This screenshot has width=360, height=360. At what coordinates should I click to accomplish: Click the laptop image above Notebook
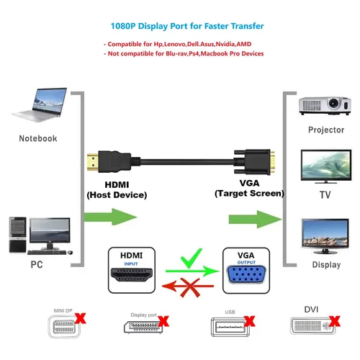pyautogui.click(x=39, y=105)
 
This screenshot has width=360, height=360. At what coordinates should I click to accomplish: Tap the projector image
pyautogui.click(x=325, y=106)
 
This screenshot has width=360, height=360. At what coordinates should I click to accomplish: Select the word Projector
pyautogui.click(x=326, y=130)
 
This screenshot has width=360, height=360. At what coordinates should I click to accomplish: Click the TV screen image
pyautogui.click(x=326, y=166)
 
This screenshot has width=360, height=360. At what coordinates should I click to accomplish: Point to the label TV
pyautogui.click(x=325, y=195)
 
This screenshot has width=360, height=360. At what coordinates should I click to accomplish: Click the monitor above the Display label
pyautogui.click(x=325, y=236)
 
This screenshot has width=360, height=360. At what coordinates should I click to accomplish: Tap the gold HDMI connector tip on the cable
pyautogui.click(x=93, y=162)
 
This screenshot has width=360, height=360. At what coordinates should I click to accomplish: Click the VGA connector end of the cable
pyautogui.click(x=254, y=162)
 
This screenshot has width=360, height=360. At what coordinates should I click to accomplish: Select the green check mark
pyautogui.click(x=192, y=258)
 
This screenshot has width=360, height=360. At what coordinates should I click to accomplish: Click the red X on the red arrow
pyautogui.click(x=190, y=287)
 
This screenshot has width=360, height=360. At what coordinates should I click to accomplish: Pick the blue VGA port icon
pyautogui.click(x=246, y=274)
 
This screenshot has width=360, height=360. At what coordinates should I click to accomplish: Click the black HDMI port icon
pyautogui.click(x=132, y=275)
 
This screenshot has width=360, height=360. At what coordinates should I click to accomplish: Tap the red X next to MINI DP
pyautogui.click(x=81, y=318)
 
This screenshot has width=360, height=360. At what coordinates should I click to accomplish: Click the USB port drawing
pyautogui.click(x=230, y=327)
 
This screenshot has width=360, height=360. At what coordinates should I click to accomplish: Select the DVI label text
pyautogui.click(x=311, y=310)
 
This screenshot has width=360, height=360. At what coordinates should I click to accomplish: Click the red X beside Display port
pyautogui.click(x=163, y=321)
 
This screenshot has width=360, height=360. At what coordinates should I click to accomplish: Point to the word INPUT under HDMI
pyautogui.click(x=131, y=264)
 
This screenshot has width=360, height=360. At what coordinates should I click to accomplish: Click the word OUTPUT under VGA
pyautogui.click(x=246, y=262)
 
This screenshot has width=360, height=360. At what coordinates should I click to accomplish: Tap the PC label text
pyautogui.click(x=37, y=264)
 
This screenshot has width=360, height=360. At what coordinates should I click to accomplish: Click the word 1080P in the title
pyautogui.click(x=123, y=26)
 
